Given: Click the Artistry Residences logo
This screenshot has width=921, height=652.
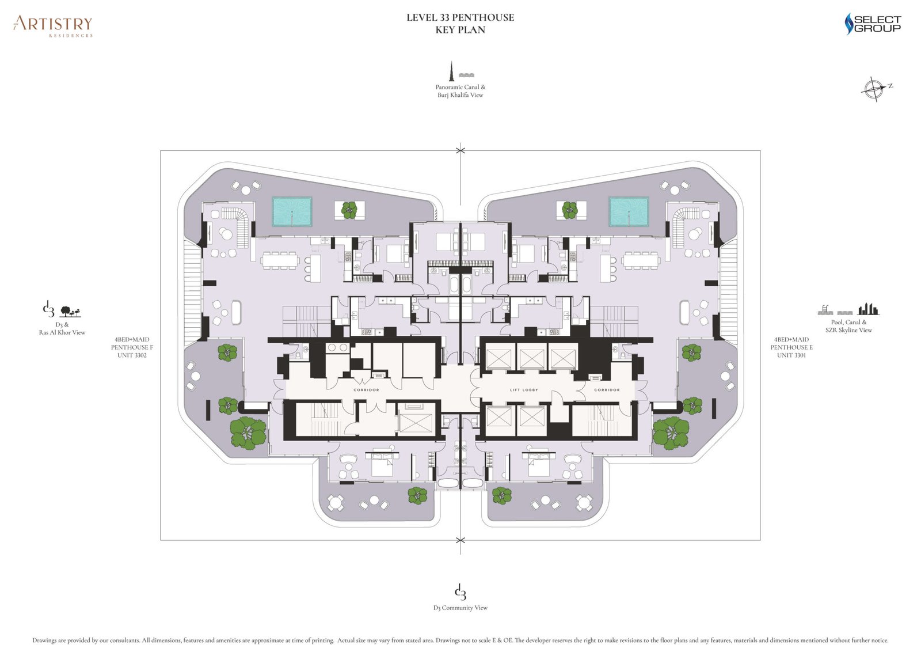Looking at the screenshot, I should click(x=53, y=25).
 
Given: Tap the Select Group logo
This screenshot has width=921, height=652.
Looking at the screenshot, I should click(x=872, y=24).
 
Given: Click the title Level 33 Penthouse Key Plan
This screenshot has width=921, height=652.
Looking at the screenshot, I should click(x=460, y=24).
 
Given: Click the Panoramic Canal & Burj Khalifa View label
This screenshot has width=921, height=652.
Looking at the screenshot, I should click(x=460, y=91).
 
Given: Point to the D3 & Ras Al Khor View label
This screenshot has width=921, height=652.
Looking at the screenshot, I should click(x=62, y=328).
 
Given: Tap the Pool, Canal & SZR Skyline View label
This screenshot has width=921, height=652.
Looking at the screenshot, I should click(x=848, y=326).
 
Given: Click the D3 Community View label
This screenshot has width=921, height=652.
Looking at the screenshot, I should click(x=460, y=608).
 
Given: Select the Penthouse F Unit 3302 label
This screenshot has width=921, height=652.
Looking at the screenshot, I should click(x=132, y=347).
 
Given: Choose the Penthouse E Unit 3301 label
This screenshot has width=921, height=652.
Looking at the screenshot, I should click(x=791, y=347).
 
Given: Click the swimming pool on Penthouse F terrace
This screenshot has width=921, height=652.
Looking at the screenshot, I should click(x=292, y=211).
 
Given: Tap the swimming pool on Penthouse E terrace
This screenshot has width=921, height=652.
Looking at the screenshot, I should click(x=629, y=211).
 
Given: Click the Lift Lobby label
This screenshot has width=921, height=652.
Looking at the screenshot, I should click(x=524, y=390).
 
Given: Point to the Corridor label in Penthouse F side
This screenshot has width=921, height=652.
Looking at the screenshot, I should click(x=366, y=390).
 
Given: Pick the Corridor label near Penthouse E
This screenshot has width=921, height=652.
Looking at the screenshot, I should click(x=607, y=390).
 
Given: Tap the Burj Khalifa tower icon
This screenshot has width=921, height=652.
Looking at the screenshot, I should click(x=452, y=71).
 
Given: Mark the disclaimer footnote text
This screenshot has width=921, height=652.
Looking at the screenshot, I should click(x=460, y=640).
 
